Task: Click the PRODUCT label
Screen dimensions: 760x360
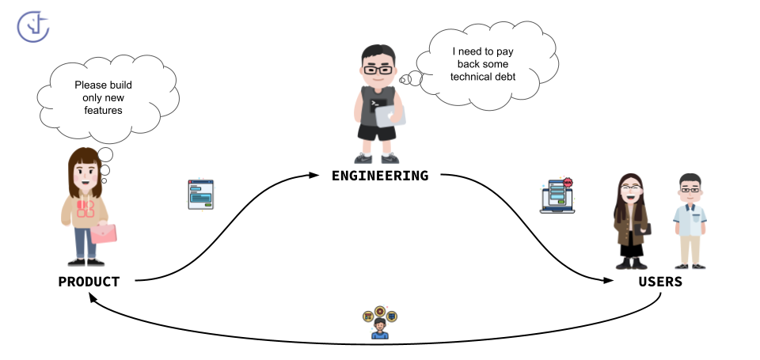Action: point(89,282)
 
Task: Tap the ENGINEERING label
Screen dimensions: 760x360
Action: point(380,176)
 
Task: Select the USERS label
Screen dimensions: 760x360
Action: point(659,282)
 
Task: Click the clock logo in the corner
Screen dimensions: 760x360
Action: point(33,25)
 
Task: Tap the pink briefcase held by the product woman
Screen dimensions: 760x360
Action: point(104,233)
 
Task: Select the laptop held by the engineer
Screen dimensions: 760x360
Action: point(389,115)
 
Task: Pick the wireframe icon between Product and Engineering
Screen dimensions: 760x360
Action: point(200,195)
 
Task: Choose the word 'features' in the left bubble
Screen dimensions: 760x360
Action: point(98,111)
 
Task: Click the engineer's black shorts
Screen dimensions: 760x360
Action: point(377,133)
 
